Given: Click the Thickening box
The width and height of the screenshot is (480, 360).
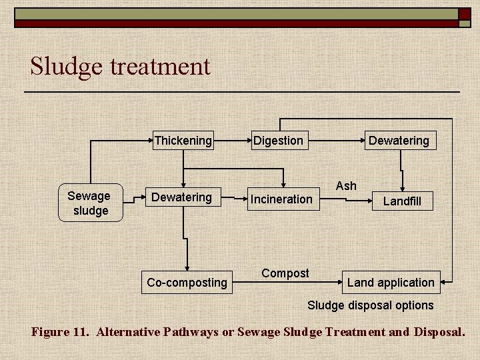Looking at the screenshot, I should click(x=183, y=141).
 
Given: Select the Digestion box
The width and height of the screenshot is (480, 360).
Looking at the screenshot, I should click(x=278, y=141).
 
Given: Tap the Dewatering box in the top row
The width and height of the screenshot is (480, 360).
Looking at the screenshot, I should click(x=399, y=141).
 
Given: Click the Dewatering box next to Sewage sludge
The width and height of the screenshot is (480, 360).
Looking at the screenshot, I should click(x=181, y=197).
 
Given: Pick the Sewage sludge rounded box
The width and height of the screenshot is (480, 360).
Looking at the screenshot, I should click(x=89, y=203).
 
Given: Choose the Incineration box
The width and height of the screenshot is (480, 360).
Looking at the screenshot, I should click(x=281, y=199).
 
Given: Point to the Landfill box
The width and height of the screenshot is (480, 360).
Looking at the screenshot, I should click(x=401, y=201).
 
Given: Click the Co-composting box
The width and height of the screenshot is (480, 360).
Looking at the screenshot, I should click(x=187, y=283).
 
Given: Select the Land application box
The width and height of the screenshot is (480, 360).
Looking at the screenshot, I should click(x=391, y=283).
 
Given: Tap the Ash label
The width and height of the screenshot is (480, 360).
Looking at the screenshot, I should click(x=346, y=186).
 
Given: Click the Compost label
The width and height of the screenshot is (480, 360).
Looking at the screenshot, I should click(x=285, y=273).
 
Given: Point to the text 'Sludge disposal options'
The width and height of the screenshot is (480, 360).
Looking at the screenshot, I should click(x=370, y=305).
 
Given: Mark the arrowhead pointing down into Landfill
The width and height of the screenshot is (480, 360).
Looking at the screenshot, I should click(x=401, y=188).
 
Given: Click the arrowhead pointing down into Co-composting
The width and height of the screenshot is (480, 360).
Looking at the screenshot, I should click(x=187, y=267).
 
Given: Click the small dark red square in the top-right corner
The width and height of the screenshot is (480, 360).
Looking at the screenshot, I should click(x=464, y=13).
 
